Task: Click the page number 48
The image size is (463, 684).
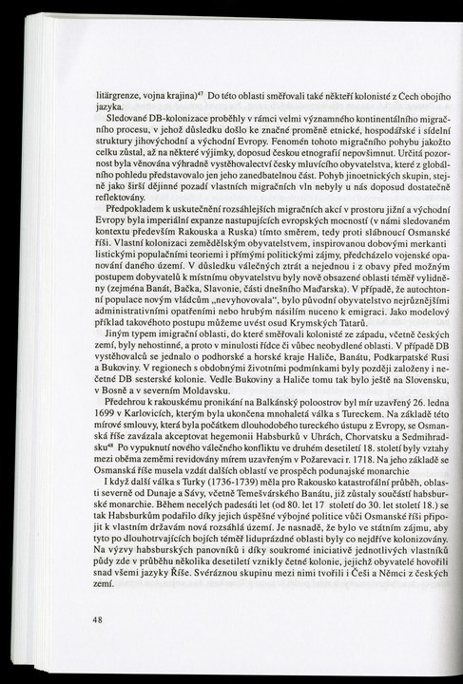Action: point(97,619)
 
